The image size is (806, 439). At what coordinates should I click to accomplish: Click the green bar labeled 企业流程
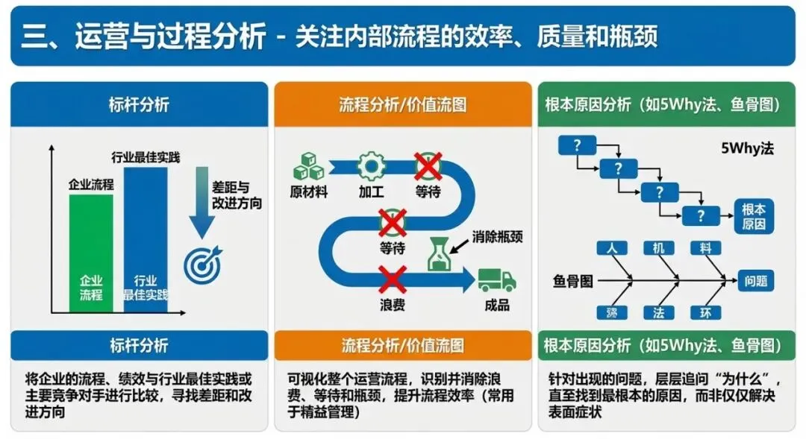click(x=91, y=253)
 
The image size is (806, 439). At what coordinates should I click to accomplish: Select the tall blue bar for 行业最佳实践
click(x=146, y=239)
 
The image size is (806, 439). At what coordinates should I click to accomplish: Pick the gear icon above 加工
click(x=371, y=165)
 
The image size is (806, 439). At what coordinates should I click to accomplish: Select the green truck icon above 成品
click(x=497, y=280)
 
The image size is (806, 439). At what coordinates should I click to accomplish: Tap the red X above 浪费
click(x=392, y=280)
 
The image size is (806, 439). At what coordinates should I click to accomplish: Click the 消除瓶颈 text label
click(x=497, y=237)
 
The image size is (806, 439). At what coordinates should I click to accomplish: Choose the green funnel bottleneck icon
click(x=440, y=254)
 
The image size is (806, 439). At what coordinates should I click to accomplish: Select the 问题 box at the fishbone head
click(x=755, y=281)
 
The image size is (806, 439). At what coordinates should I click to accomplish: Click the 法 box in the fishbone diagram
click(x=658, y=313)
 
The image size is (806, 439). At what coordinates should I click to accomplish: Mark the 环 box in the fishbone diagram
click(x=705, y=313)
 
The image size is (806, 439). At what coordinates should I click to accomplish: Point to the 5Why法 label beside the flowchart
click(x=748, y=148)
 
